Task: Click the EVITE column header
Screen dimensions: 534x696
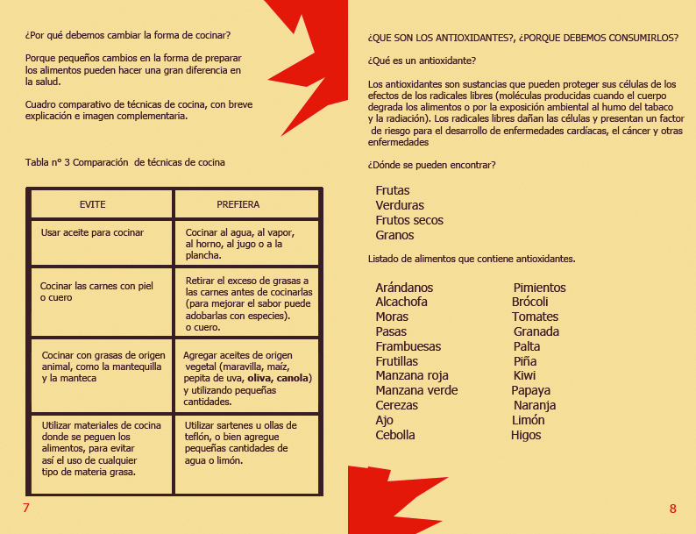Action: [92, 204]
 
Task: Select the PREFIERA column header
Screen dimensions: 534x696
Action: [238, 204]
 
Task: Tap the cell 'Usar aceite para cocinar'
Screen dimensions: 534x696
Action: [92, 232]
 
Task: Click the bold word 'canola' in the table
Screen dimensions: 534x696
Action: [294, 378]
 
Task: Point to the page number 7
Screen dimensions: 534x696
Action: [26, 509]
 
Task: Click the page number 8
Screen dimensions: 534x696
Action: [672, 509]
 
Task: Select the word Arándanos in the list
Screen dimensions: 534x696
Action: [404, 288]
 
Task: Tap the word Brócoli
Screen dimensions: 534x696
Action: [530, 302]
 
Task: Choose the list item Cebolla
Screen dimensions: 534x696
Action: [395, 435]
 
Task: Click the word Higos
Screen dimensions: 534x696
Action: [526, 435]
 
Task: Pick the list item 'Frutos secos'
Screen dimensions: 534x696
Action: [409, 220]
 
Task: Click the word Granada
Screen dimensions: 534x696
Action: [536, 331]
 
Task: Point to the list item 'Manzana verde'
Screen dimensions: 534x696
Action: [416, 390]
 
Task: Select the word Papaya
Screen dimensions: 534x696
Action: [531, 390]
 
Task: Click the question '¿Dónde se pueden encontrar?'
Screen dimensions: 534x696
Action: [432, 165]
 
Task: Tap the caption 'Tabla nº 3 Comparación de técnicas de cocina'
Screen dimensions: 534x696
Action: [125, 162]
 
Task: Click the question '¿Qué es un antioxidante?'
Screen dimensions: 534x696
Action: [423, 61]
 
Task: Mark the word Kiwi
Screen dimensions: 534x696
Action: [525, 375]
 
